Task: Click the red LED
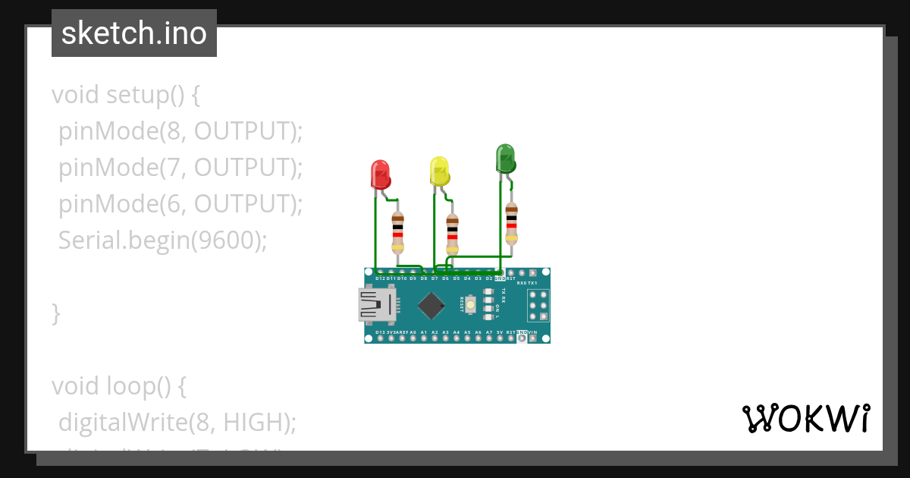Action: (x=380, y=175)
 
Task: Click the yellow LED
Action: (x=439, y=171)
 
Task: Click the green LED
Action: (x=505, y=159)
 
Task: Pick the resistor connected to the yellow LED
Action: (x=452, y=234)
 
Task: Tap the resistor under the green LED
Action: (x=511, y=223)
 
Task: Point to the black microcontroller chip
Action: (x=431, y=305)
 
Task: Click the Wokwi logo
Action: (x=805, y=419)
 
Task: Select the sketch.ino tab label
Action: (x=134, y=33)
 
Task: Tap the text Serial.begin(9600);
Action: (x=163, y=241)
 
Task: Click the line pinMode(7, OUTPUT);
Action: (x=180, y=168)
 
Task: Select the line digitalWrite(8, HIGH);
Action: (x=177, y=422)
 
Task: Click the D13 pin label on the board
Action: (x=380, y=332)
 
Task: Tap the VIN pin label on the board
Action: (x=532, y=332)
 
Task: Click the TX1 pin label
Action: (x=532, y=282)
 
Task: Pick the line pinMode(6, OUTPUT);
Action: (x=180, y=204)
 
